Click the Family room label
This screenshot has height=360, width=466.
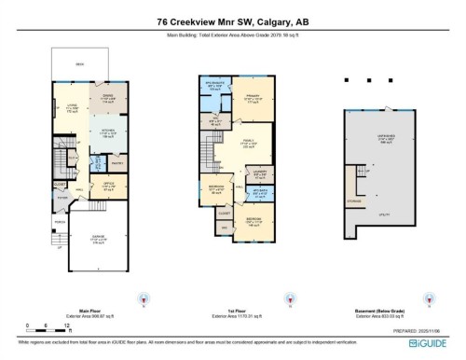[249, 145]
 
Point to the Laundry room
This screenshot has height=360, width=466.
[259, 174]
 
